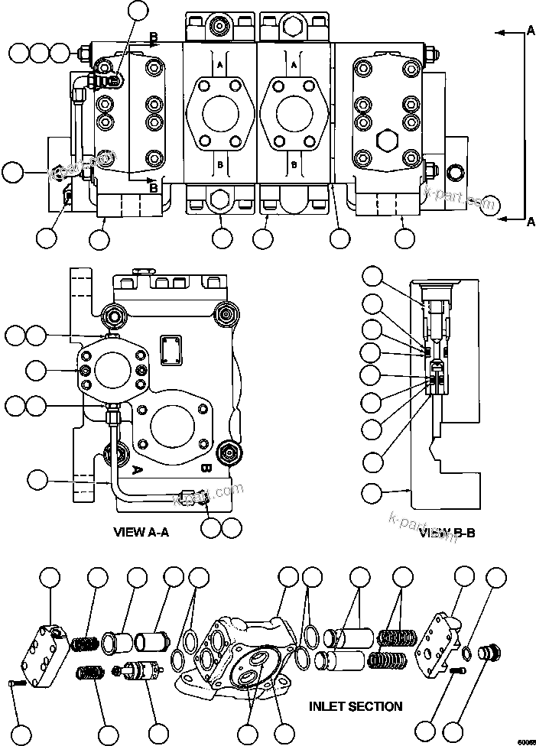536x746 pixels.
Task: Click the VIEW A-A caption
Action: pyautogui.click(x=141, y=532)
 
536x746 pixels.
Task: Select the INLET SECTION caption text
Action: pyautogui.click(x=356, y=706)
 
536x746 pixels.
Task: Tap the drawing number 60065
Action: pyautogui.click(x=525, y=740)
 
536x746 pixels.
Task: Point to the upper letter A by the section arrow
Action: pyautogui.click(x=531, y=31)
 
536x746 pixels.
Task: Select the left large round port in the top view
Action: pyautogui.click(x=221, y=112)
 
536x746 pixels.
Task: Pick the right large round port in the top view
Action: pyautogui.click(x=295, y=112)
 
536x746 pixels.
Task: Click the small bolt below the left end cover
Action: pyautogui.click(x=18, y=683)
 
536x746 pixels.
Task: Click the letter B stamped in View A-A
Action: pyautogui.click(x=206, y=469)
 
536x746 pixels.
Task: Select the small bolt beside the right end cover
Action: pyautogui.click(x=456, y=670)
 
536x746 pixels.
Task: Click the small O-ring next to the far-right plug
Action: pyautogui.click(x=466, y=652)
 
